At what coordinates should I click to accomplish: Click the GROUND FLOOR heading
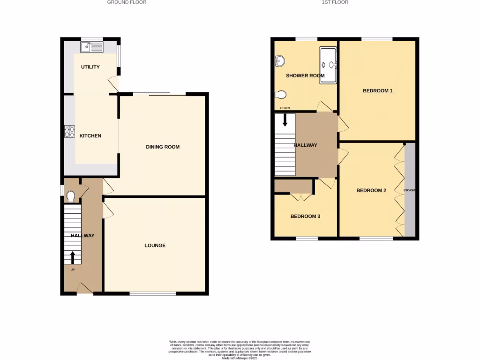[127, 2]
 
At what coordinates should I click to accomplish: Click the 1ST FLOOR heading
[335, 2]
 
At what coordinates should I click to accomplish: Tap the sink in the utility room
[92, 47]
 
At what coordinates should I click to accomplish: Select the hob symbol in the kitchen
[70, 132]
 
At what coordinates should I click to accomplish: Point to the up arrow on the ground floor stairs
[73, 257]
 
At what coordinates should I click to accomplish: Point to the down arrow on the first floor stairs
[285, 120]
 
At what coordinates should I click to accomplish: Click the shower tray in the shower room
[328, 65]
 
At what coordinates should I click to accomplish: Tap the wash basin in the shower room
[279, 61]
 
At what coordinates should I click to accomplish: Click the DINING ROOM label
[163, 147]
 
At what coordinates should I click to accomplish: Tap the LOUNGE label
[155, 246]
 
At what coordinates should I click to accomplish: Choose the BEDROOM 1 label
[377, 91]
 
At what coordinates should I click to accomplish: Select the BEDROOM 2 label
[371, 190]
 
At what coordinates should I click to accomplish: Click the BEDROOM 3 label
[305, 217]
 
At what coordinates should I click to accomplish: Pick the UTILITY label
[90, 67]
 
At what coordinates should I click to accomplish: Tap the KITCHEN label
[90, 136]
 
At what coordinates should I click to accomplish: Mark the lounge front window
[153, 294]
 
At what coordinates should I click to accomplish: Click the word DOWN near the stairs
[285, 108]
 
